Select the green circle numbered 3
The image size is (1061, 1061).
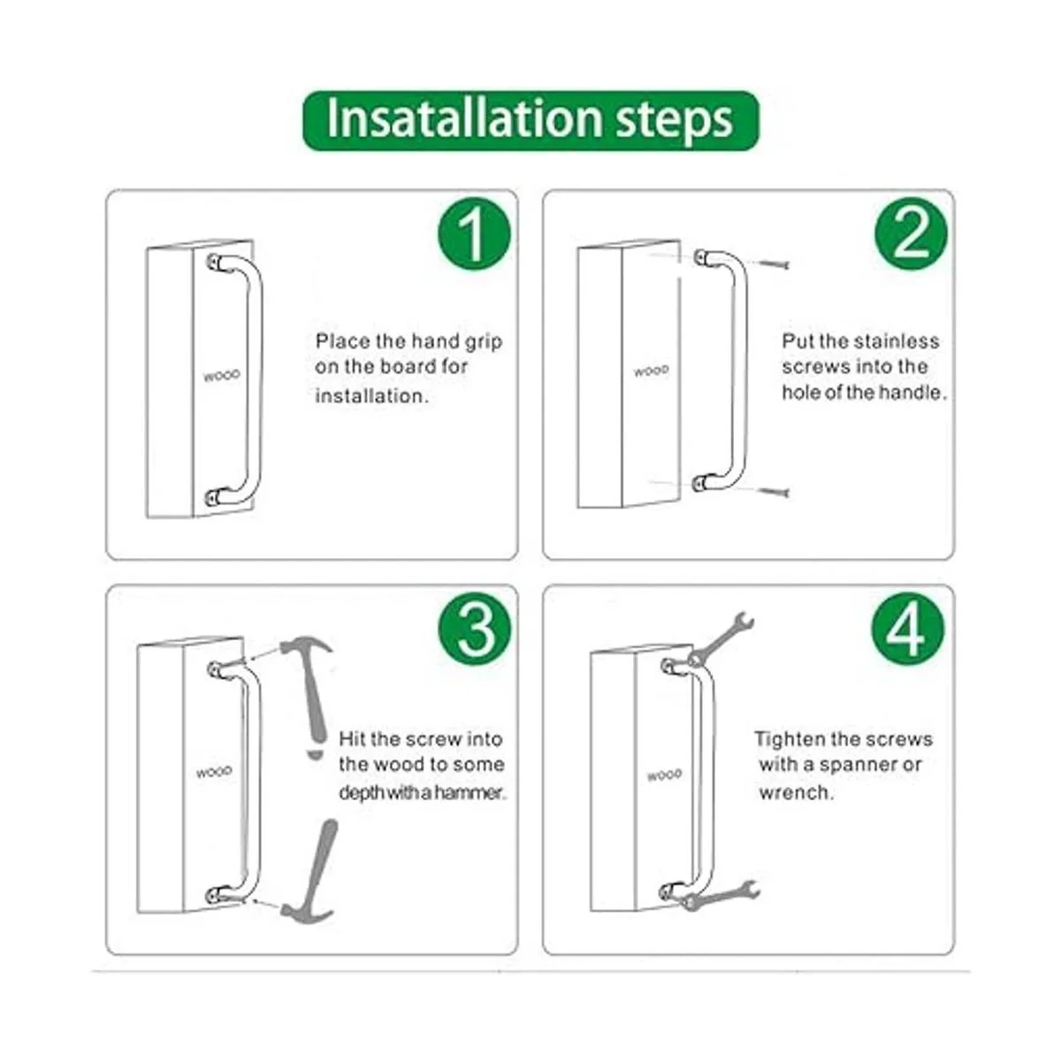(474, 629)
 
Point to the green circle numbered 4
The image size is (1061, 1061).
(908, 629)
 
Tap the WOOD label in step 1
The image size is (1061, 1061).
(221, 376)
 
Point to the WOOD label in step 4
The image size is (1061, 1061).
(665, 775)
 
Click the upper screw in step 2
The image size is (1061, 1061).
(775, 264)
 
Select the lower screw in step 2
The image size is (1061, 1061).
(775, 491)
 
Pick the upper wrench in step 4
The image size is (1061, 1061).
(720, 637)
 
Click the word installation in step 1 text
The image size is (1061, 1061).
(371, 396)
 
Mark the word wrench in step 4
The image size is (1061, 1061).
(796, 793)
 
